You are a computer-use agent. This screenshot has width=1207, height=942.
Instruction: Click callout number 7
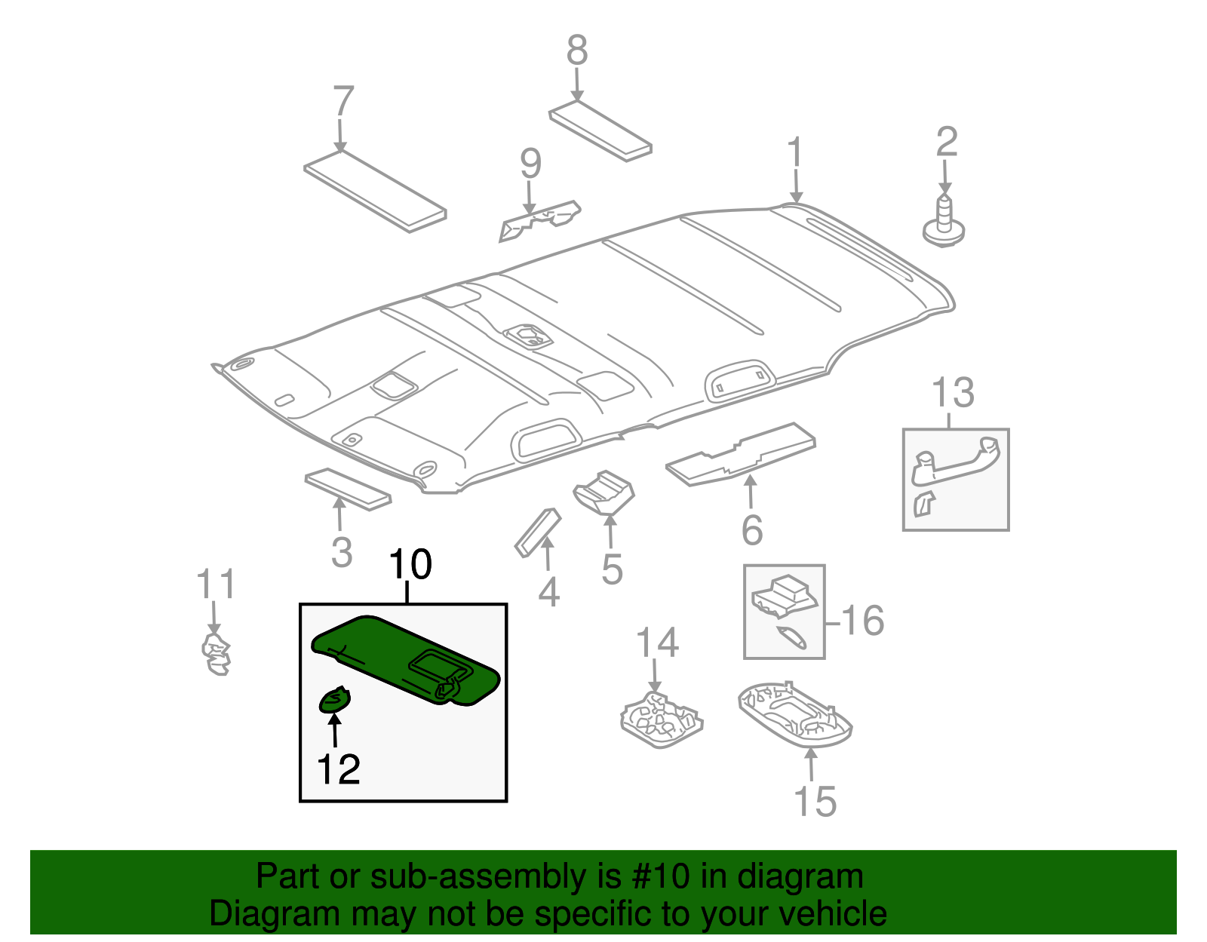(x=342, y=101)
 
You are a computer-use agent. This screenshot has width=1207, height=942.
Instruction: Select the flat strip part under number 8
(x=600, y=131)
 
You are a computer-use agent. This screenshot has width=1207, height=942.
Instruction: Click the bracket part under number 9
(x=540, y=221)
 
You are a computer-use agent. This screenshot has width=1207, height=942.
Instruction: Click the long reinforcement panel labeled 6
(x=741, y=453)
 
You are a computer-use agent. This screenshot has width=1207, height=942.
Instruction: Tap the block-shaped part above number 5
(x=603, y=493)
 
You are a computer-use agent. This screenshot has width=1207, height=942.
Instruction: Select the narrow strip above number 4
(x=537, y=532)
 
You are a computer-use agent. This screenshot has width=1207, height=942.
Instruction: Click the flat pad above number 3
(x=348, y=489)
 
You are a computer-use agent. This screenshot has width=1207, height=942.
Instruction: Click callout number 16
(x=862, y=621)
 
